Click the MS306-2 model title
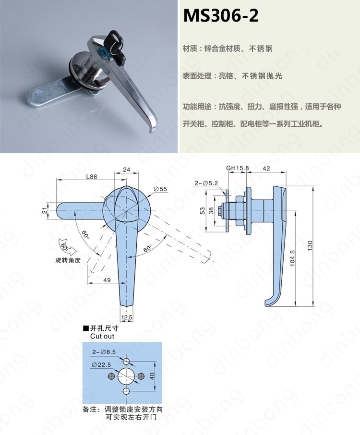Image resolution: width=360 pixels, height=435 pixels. pos(221,15)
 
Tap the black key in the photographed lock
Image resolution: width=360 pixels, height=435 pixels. pos(117,44)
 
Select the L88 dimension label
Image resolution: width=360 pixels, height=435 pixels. pos(92,176)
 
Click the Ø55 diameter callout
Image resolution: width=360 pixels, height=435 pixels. pos(160,189)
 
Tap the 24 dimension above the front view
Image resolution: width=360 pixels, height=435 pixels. pos(126,169)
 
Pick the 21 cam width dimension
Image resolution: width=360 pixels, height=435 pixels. pos(45,211)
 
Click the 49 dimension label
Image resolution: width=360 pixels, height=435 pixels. pos(107,280)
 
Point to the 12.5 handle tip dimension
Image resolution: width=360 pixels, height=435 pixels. pos(127,317)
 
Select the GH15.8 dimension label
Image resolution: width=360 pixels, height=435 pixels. pos(238,168)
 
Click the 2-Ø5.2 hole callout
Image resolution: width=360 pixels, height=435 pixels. pos(206,183)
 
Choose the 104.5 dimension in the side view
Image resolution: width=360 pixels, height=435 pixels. pos(292,259)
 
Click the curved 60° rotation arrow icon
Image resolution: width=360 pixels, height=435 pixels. pos(67,247)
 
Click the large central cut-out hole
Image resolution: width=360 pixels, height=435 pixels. pos(126,376)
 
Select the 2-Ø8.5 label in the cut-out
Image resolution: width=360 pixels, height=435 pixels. pos(104,352)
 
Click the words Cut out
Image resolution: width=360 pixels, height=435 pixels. pos(102,336)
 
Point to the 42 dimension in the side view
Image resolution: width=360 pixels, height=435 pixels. pos(266,169)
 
